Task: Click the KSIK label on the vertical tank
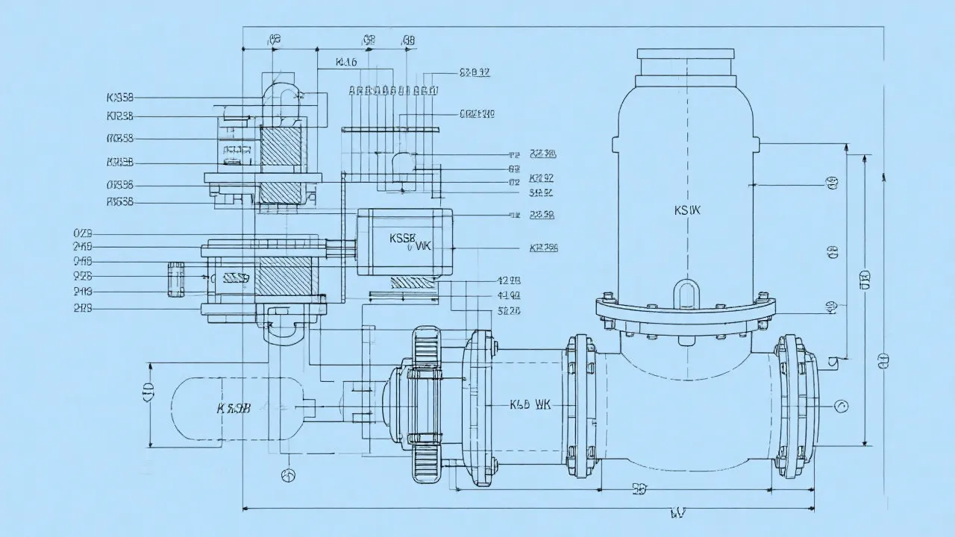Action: pyautogui.click(x=687, y=210)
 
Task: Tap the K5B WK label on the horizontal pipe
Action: pyautogui.click(x=530, y=405)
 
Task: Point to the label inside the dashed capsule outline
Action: pyautogui.click(x=234, y=408)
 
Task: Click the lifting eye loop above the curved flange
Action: pyautogui.click(x=686, y=292)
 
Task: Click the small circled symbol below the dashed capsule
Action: pyautogui.click(x=287, y=475)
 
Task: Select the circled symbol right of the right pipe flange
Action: pyautogui.click(x=842, y=406)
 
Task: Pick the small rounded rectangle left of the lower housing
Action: pyautogui.click(x=176, y=279)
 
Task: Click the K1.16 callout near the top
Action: pyautogui.click(x=346, y=63)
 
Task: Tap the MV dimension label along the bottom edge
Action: pyautogui.click(x=677, y=512)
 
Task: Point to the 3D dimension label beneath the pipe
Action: pyautogui.click(x=639, y=489)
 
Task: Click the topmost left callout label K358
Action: pyautogui.click(x=120, y=97)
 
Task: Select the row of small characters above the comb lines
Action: pyautogui.click(x=393, y=91)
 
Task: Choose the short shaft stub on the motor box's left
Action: pyautogui.click(x=341, y=242)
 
